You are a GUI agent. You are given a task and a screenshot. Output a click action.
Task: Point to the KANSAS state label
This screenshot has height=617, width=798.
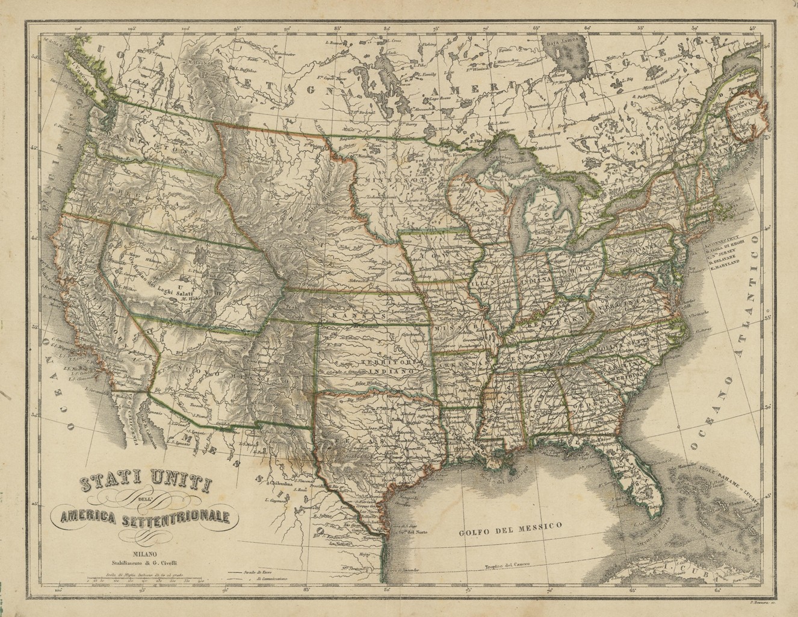click(x=356, y=315)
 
